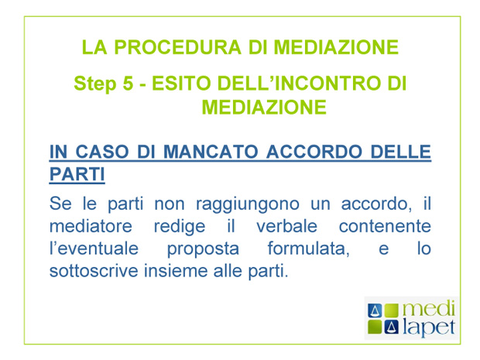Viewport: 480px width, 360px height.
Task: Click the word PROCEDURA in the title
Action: (x=177, y=47)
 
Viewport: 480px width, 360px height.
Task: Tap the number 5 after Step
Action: (x=128, y=84)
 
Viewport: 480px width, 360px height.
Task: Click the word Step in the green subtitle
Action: (x=95, y=84)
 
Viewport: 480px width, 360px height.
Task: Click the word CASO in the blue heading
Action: (x=102, y=152)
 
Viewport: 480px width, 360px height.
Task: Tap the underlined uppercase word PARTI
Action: (x=77, y=174)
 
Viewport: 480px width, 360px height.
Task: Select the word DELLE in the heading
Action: (x=401, y=152)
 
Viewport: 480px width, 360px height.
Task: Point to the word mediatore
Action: (x=91, y=226)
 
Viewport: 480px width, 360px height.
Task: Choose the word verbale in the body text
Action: (x=286, y=226)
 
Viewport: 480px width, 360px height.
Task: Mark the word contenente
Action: (x=385, y=227)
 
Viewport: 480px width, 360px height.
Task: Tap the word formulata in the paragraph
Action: (x=309, y=249)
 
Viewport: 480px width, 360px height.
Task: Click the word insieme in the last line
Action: (x=176, y=271)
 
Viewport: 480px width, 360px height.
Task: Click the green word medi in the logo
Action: (x=429, y=309)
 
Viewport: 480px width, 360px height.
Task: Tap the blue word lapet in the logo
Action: (x=429, y=327)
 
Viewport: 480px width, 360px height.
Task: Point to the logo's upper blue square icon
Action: (x=375, y=310)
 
